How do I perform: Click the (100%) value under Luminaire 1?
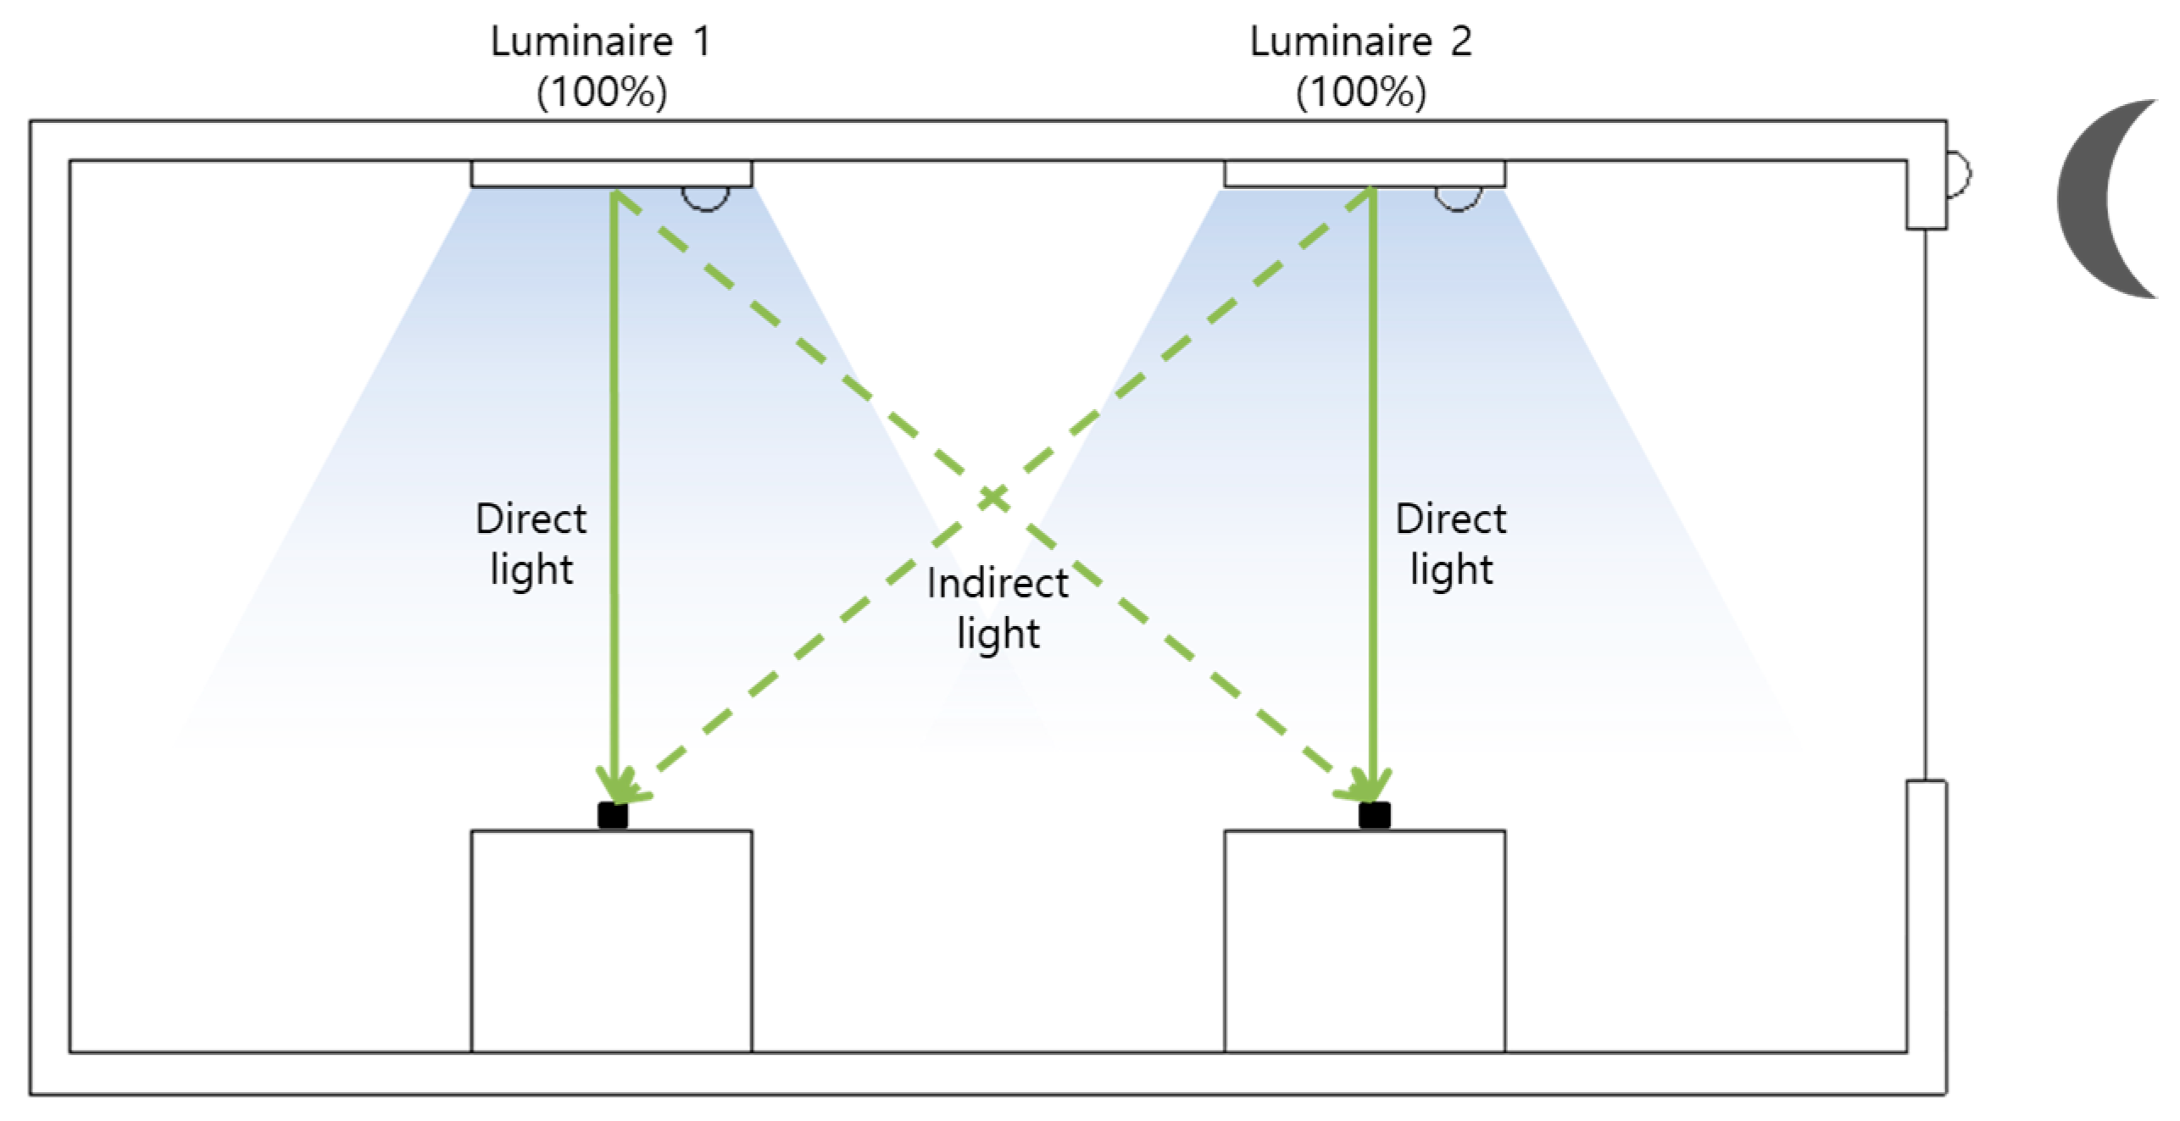click(x=602, y=92)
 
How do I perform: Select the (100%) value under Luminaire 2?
click(x=1360, y=92)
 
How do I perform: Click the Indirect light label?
click(x=998, y=608)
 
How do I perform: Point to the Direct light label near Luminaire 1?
click(x=531, y=544)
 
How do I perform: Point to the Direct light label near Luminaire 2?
click(x=1450, y=544)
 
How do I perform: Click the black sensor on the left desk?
click(x=612, y=815)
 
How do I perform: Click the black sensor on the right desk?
click(x=1374, y=815)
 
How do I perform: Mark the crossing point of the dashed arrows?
click(x=993, y=497)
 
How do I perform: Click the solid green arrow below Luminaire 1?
click(x=615, y=424)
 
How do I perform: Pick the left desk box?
click(x=611, y=941)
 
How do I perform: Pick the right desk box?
click(x=1364, y=941)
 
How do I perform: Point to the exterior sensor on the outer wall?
click(x=1957, y=175)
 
